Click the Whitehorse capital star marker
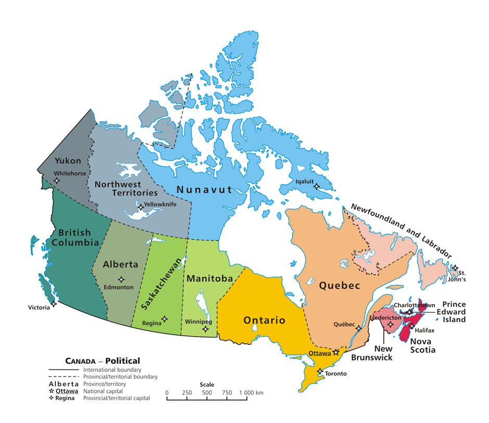(57, 180)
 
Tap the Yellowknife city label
(161, 204)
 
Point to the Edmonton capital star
(121, 279)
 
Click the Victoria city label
(39, 307)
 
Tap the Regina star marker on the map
(165, 319)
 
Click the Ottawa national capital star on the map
(336, 352)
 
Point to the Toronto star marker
(319, 371)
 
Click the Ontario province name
(264, 320)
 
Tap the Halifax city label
(424, 330)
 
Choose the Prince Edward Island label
(454, 312)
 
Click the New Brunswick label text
(371, 353)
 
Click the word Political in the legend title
(123, 361)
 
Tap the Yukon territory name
(68, 161)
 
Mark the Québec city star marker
(358, 328)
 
